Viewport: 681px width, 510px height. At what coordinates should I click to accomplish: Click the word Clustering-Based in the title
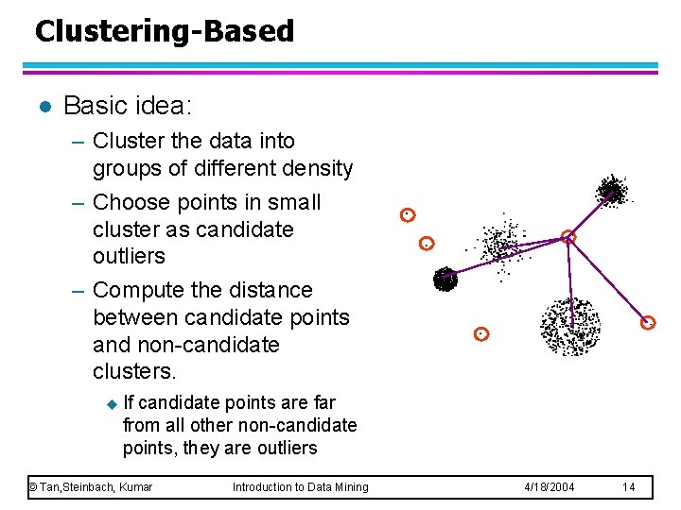pos(165,31)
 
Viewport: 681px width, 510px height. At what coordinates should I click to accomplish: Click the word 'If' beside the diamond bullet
pos(130,403)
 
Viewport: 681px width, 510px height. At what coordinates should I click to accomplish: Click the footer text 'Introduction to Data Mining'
pos(301,486)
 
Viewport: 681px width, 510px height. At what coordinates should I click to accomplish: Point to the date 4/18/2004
pos(549,486)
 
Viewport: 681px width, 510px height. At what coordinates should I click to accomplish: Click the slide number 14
pos(629,486)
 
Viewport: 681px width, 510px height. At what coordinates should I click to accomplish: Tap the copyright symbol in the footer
pos(32,486)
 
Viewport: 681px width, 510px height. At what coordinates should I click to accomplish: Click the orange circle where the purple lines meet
pos(568,237)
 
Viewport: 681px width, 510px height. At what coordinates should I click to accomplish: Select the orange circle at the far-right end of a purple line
pos(648,323)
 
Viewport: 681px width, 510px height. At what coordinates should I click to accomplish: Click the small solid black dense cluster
pos(445,279)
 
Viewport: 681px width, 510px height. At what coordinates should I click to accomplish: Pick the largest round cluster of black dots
pos(569,326)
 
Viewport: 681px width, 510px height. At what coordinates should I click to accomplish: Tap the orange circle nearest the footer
pos(481,333)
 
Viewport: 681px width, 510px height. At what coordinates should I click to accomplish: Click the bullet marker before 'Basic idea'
pos(40,106)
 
